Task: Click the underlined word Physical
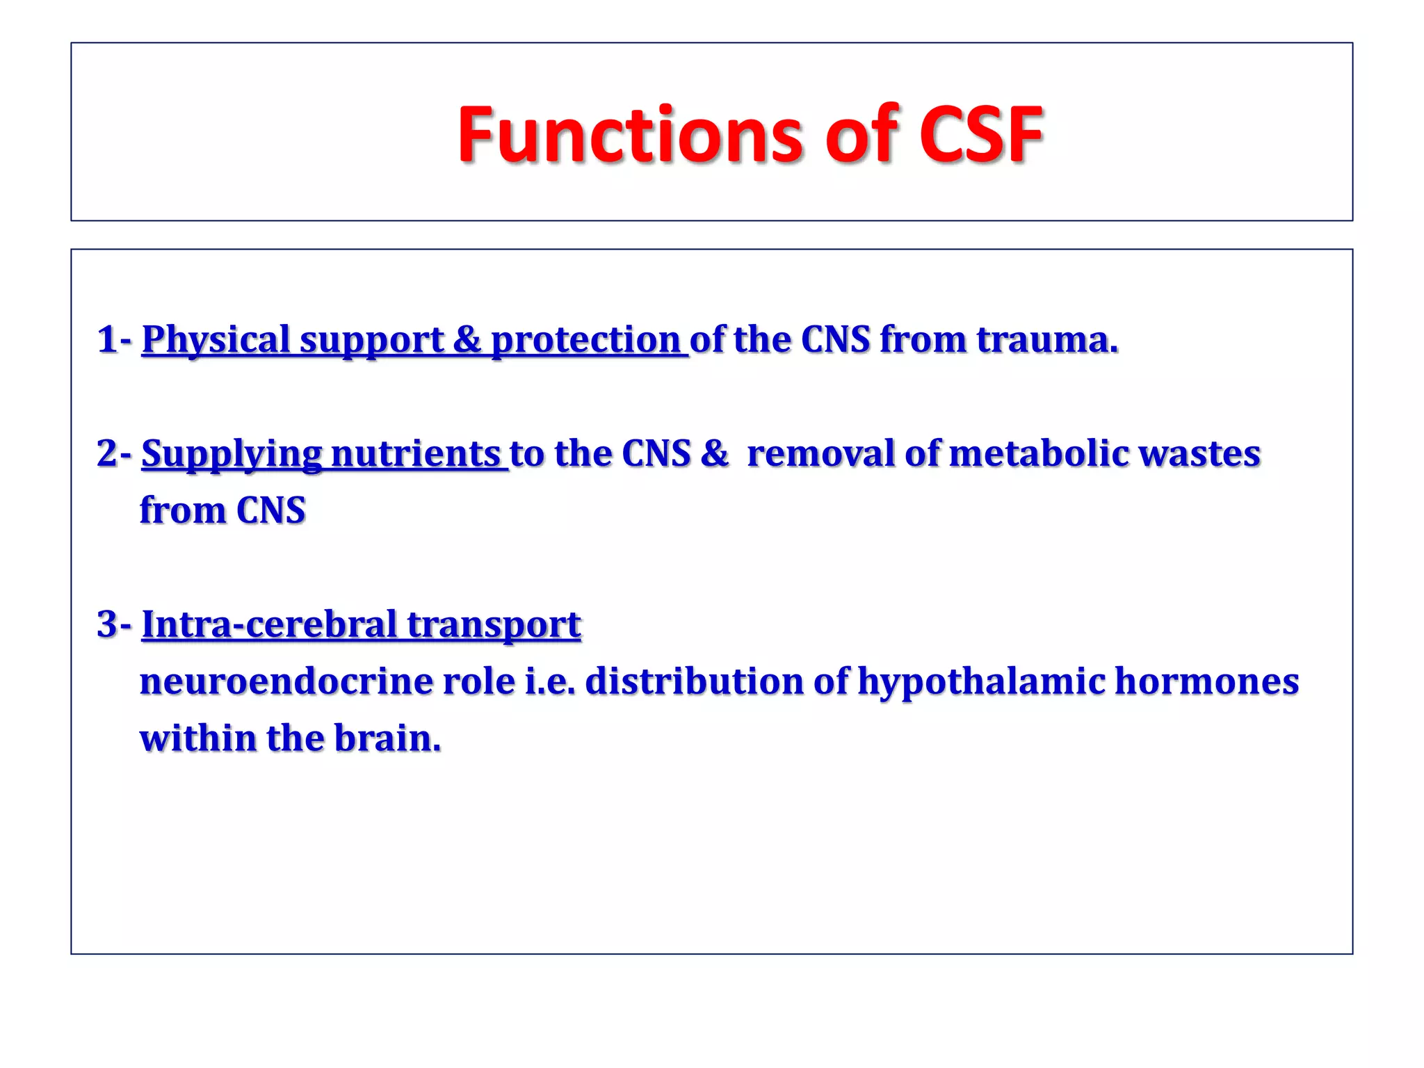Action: (216, 341)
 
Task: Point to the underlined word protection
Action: (585, 341)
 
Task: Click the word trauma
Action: (1046, 339)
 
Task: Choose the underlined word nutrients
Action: (416, 453)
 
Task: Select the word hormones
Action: (1207, 681)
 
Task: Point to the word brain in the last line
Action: (387, 738)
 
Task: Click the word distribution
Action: (694, 681)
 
